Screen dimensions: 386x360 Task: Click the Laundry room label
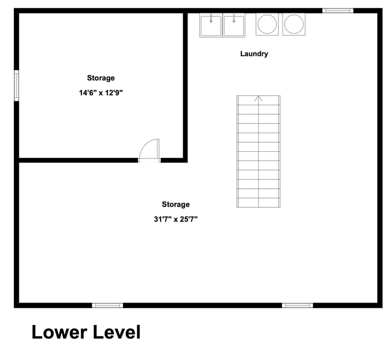coord(254,54)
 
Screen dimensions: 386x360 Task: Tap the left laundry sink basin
coord(211,25)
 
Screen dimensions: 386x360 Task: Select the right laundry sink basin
coord(234,25)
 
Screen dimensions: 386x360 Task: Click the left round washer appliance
coord(267,24)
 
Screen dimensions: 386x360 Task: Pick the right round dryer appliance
coord(294,24)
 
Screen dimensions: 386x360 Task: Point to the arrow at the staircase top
coord(258,98)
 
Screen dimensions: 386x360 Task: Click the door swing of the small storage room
coord(149,150)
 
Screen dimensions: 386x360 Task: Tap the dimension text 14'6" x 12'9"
coord(101,93)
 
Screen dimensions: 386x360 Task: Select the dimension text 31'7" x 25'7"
coord(176,219)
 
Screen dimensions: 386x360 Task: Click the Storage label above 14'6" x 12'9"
coord(101,78)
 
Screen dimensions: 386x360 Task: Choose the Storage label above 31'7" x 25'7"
coord(176,204)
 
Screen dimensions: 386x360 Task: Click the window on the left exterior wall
coord(16,85)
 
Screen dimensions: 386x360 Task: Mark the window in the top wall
coord(338,11)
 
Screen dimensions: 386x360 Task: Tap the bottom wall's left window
coord(108,305)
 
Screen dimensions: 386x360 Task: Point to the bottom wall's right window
coord(297,305)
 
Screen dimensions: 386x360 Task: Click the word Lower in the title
coord(59,332)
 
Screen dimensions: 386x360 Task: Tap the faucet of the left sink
coord(211,18)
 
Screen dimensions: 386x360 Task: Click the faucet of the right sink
coord(234,18)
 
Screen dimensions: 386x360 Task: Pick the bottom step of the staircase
coord(258,203)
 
